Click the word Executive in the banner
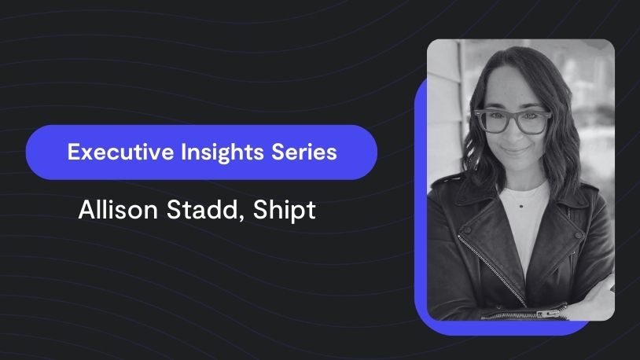(120, 152)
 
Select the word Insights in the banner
(222, 152)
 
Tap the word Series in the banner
(304, 152)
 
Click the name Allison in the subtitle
(118, 210)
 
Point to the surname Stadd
(202, 210)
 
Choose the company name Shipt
(284, 211)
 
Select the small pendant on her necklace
(521, 206)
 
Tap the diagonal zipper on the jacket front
(491, 270)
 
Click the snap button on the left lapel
(467, 230)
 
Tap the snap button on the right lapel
(578, 236)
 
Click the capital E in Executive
(72, 152)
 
